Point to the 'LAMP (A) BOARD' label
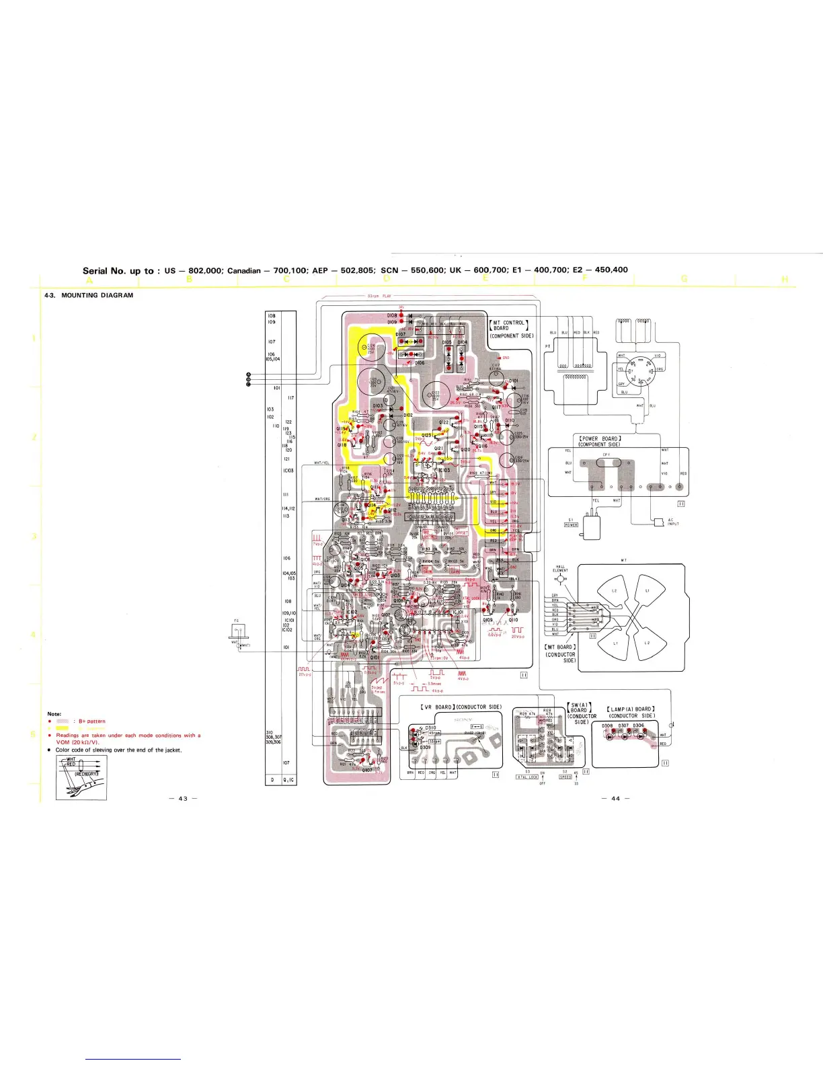pos(631,709)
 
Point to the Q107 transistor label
pos(367,771)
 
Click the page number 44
pos(615,798)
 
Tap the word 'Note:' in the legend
pos(54,713)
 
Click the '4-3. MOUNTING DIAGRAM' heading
pos(89,295)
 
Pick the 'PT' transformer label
pos(547,347)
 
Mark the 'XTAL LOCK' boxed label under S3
pos(527,777)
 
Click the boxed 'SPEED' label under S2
pos(565,777)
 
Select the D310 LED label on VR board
pos(431,727)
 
